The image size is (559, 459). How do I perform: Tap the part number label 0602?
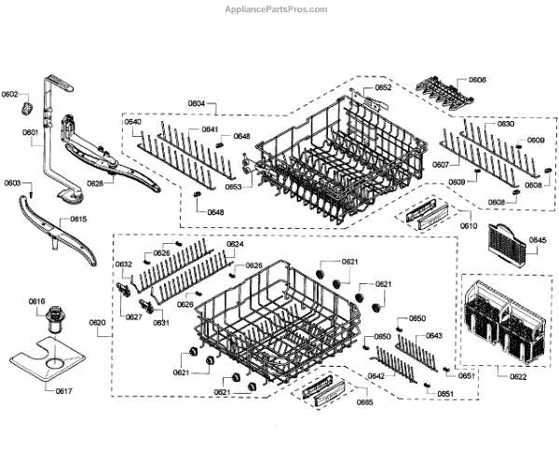coord(10,95)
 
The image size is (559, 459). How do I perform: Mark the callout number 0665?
coord(364,402)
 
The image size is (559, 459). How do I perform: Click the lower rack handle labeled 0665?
coord(320,391)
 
